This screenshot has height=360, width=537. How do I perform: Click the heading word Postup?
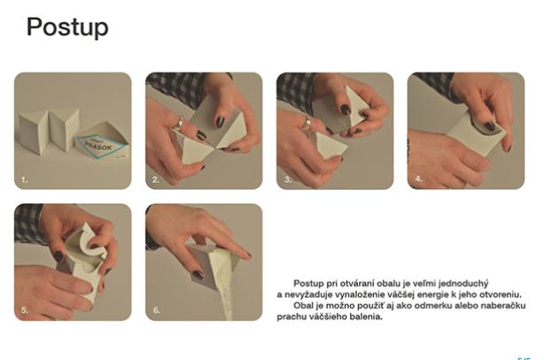[x=67, y=27]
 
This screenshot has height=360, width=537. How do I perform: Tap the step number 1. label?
[x=24, y=179]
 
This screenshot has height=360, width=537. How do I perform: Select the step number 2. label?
[x=156, y=179]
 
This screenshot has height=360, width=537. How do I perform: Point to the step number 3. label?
[x=288, y=179]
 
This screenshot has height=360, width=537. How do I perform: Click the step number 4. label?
[x=419, y=179]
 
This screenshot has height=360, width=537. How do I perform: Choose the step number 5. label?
[x=25, y=310]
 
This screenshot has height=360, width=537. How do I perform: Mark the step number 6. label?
[x=156, y=310]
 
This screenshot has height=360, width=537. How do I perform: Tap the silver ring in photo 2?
[x=179, y=123]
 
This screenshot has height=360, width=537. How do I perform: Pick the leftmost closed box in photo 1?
[x=33, y=131]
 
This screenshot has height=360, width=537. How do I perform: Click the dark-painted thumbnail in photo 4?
[x=490, y=126]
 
